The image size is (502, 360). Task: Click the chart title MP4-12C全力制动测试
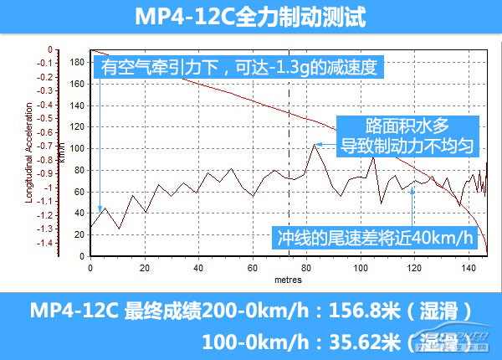250,17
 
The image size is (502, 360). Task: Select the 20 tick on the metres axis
145,268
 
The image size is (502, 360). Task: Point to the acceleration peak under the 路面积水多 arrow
315,144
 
